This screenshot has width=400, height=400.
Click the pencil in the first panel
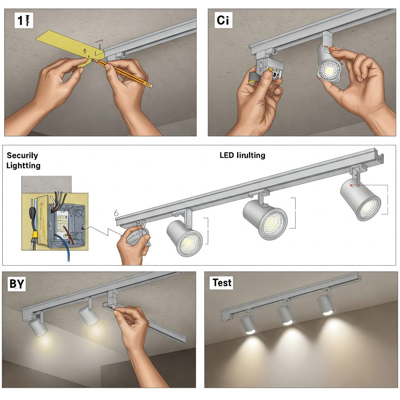point(125,73)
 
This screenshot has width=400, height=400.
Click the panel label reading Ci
point(223,20)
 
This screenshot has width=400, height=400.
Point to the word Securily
point(22,155)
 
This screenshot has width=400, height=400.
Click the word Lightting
point(23,166)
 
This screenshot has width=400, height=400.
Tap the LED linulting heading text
point(242,155)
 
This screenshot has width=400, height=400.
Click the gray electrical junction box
point(66,225)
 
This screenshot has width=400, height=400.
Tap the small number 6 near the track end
point(116,213)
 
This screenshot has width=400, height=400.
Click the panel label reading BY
point(17,284)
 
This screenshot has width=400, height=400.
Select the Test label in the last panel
point(222,282)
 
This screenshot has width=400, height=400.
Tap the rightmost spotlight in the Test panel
point(325,305)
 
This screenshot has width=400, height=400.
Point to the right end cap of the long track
point(379,158)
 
